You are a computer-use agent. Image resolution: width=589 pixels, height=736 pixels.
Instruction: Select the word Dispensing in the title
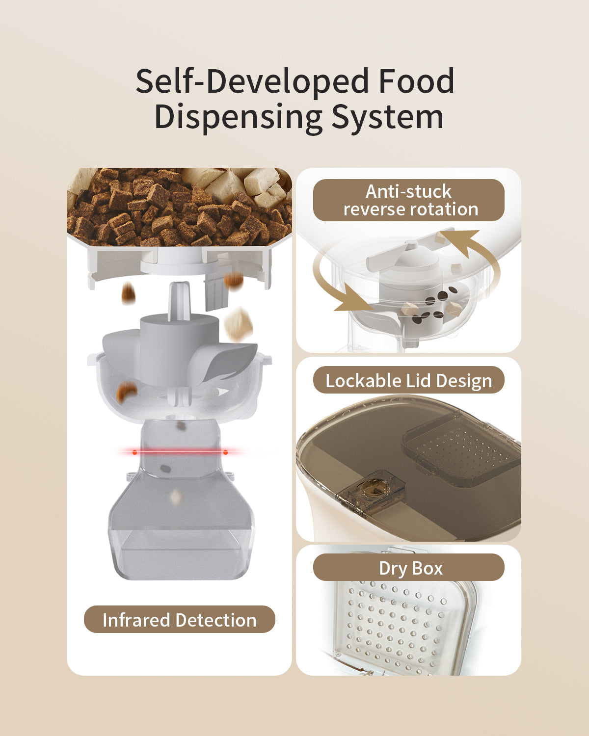[x=238, y=118]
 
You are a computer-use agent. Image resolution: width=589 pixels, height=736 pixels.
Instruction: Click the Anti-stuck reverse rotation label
[x=409, y=200]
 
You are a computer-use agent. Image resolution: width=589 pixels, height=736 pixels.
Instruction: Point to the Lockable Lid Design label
[x=409, y=380]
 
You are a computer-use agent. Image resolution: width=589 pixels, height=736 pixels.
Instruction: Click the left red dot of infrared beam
[x=135, y=452]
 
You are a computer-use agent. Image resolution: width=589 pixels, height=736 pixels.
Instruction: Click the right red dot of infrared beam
[x=226, y=452]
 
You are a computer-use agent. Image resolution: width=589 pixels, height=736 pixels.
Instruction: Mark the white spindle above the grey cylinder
[x=179, y=301]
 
